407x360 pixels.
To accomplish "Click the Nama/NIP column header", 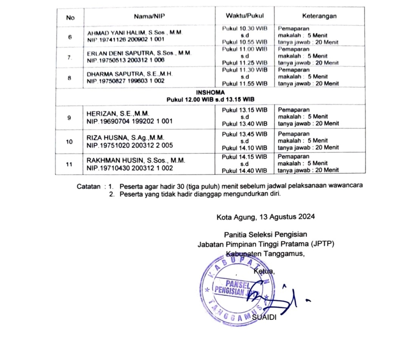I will [149, 16].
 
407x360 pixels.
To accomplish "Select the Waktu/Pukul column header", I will [244, 16].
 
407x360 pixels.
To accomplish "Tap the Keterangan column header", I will [319, 16].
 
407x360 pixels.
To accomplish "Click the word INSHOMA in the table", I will [210, 93].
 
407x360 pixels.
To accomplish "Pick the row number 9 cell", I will [69, 118].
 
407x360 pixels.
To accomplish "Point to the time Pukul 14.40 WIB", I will [244, 171].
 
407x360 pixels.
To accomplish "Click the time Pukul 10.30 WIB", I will [244, 29].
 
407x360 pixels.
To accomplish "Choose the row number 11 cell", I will [69, 164].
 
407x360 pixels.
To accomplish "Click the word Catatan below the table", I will [89, 186].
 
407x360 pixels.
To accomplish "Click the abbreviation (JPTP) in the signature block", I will [322, 244].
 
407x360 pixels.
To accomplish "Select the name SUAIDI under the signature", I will [264, 317].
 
